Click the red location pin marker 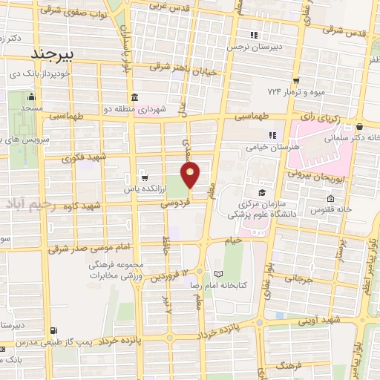[191, 175]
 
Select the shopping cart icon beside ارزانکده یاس [143, 178]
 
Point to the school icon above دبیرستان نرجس [254, 34]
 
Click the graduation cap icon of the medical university [262, 183]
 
